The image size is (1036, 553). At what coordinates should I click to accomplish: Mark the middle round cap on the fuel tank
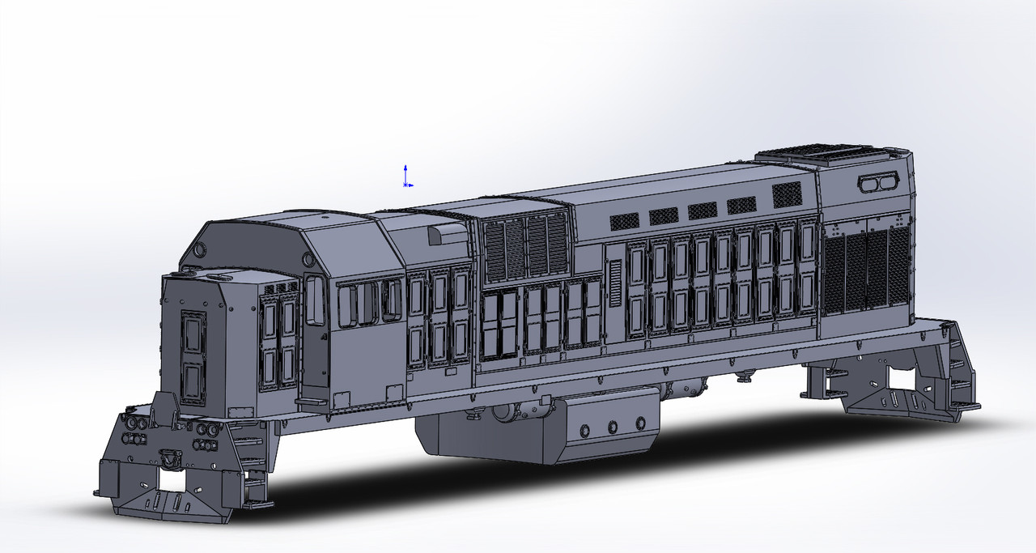[x=612, y=426]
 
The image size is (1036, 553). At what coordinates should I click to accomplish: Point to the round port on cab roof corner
[x=308, y=259]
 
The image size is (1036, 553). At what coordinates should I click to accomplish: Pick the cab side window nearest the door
[x=347, y=305]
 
